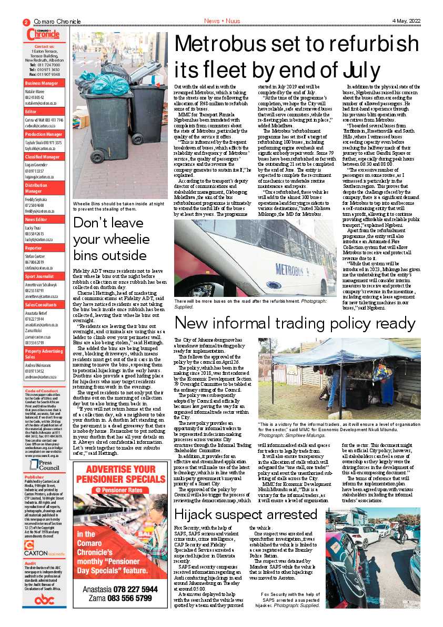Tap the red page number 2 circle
26,22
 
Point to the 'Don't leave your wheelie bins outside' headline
118,239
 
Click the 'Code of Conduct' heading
42,391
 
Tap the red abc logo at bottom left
44,600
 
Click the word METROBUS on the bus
293,271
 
